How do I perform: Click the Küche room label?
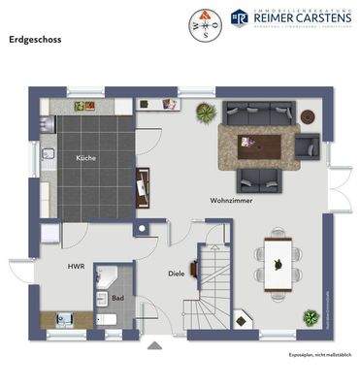[x=85, y=156]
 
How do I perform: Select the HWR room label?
[x=75, y=264]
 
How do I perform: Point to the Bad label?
[x=117, y=299]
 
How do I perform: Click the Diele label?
[x=176, y=274]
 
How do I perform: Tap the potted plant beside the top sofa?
[x=206, y=113]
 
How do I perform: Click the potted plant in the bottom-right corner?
[x=311, y=317]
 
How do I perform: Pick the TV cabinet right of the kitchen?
[x=144, y=184]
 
